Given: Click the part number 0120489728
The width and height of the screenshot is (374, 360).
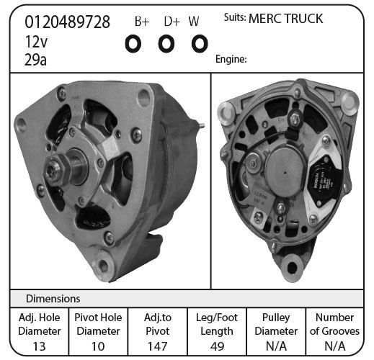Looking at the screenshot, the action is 67,22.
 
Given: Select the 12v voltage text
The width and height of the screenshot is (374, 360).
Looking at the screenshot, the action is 36,42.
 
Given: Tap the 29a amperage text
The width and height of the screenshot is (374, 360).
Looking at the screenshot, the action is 35,60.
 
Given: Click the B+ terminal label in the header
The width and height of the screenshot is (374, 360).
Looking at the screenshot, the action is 142,21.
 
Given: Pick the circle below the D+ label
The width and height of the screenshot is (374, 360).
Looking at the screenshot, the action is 166,44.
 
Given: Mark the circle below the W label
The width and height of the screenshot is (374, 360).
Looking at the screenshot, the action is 200,44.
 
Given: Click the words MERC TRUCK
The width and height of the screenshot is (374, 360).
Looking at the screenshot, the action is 285,19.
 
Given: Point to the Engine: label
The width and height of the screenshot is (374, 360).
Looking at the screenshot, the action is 231,59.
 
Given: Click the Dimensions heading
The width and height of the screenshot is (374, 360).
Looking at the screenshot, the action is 53,299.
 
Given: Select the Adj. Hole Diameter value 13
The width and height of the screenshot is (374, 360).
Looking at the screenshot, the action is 39,346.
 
